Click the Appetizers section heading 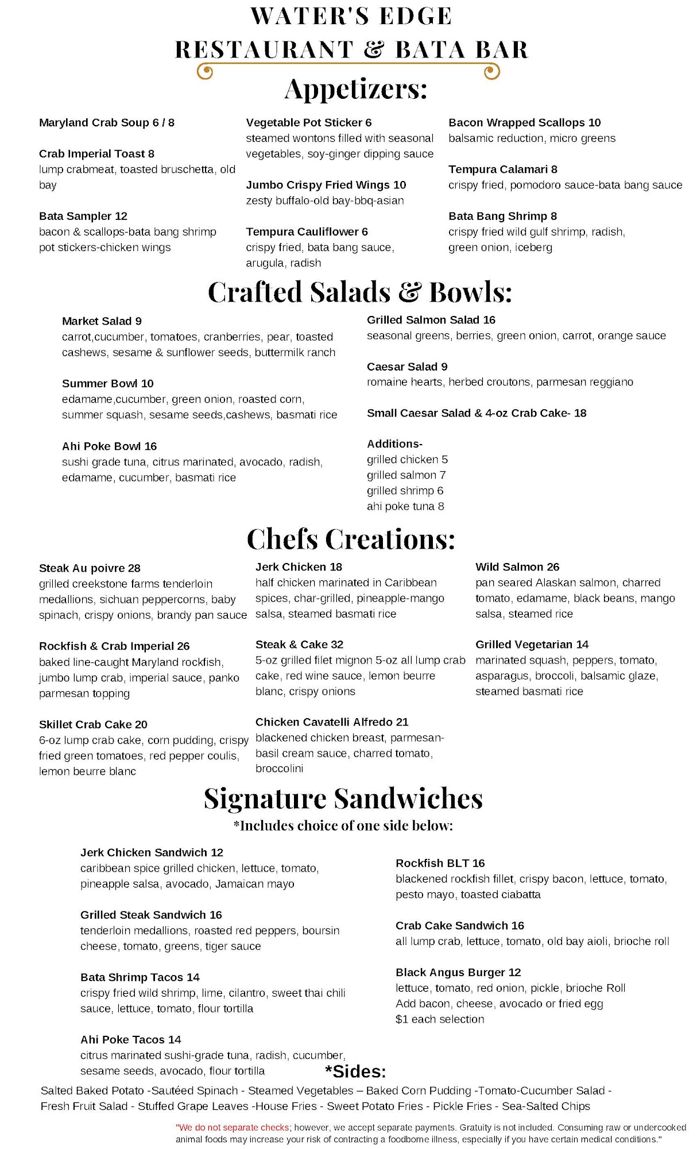[356, 90]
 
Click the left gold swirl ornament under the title [205, 72]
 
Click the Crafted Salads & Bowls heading [359, 292]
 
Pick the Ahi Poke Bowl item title [109, 446]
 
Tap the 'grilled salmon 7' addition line [406, 475]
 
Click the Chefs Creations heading [351, 539]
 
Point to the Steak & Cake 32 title [299, 645]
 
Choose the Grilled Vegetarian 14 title [532, 645]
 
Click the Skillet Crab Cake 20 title [93, 724]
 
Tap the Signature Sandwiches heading [343, 799]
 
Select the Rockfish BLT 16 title [440, 863]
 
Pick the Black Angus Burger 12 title [458, 972]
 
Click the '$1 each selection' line [440, 1019]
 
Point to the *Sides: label [355, 1071]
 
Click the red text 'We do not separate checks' [233, 1127]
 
